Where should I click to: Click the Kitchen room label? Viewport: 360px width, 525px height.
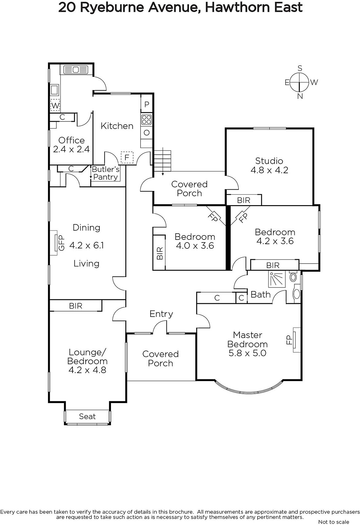[x=117, y=126]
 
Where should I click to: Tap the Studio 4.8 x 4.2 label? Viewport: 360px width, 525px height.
[x=269, y=165]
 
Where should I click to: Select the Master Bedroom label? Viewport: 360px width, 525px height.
[x=247, y=344]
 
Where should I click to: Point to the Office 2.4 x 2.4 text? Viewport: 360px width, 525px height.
[x=72, y=145]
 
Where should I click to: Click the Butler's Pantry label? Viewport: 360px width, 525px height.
[x=106, y=173]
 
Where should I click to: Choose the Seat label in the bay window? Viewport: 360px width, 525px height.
[x=87, y=416]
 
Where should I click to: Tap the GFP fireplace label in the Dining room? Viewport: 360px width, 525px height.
[x=61, y=243]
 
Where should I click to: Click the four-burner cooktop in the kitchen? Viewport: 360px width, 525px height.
[x=146, y=119]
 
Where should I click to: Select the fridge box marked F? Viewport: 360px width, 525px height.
[x=127, y=157]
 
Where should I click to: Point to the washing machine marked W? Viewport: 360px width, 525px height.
[x=55, y=105]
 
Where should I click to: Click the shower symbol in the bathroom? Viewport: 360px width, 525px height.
[x=277, y=279]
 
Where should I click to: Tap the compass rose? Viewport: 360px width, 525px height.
[x=300, y=82]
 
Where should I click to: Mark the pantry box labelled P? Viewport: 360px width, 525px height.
[x=147, y=104]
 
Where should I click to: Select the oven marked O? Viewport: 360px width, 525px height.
[x=146, y=133]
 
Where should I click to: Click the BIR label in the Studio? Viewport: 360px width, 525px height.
[x=244, y=200]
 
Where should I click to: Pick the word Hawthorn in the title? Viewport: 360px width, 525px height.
[x=237, y=8]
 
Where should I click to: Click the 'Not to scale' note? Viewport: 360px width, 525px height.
[x=333, y=522]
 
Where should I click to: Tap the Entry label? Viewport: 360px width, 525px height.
[x=161, y=314]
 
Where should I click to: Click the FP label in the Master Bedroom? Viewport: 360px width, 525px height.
[x=289, y=340]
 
